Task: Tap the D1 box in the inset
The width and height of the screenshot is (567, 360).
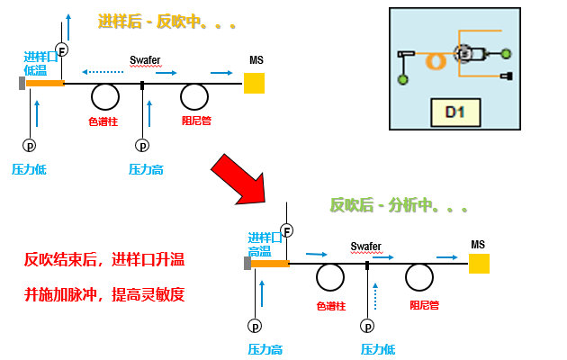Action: click(x=454, y=112)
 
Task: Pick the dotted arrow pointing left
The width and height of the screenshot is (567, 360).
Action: click(x=103, y=71)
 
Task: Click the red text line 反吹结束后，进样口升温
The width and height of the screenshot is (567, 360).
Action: click(x=103, y=261)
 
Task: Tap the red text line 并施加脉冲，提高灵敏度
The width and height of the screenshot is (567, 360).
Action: click(x=103, y=295)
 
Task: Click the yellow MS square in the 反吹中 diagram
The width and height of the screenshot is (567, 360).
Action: click(x=254, y=84)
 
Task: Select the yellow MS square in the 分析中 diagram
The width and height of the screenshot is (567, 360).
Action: click(x=479, y=263)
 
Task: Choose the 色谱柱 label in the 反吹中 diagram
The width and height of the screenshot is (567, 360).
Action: click(x=103, y=121)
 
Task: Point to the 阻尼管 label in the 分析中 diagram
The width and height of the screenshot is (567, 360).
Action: click(x=424, y=306)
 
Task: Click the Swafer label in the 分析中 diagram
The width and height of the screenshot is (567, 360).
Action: click(x=365, y=246)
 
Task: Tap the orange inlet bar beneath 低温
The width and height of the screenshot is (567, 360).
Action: click(x=44, y=84)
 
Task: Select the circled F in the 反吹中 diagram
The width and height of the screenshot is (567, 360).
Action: click(x=61, y=49)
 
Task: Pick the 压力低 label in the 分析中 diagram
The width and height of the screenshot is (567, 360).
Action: click(x=377, y=349)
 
